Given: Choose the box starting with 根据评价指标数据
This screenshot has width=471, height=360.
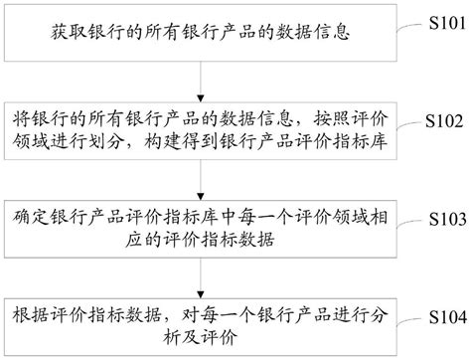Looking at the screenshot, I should pos(204,322).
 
